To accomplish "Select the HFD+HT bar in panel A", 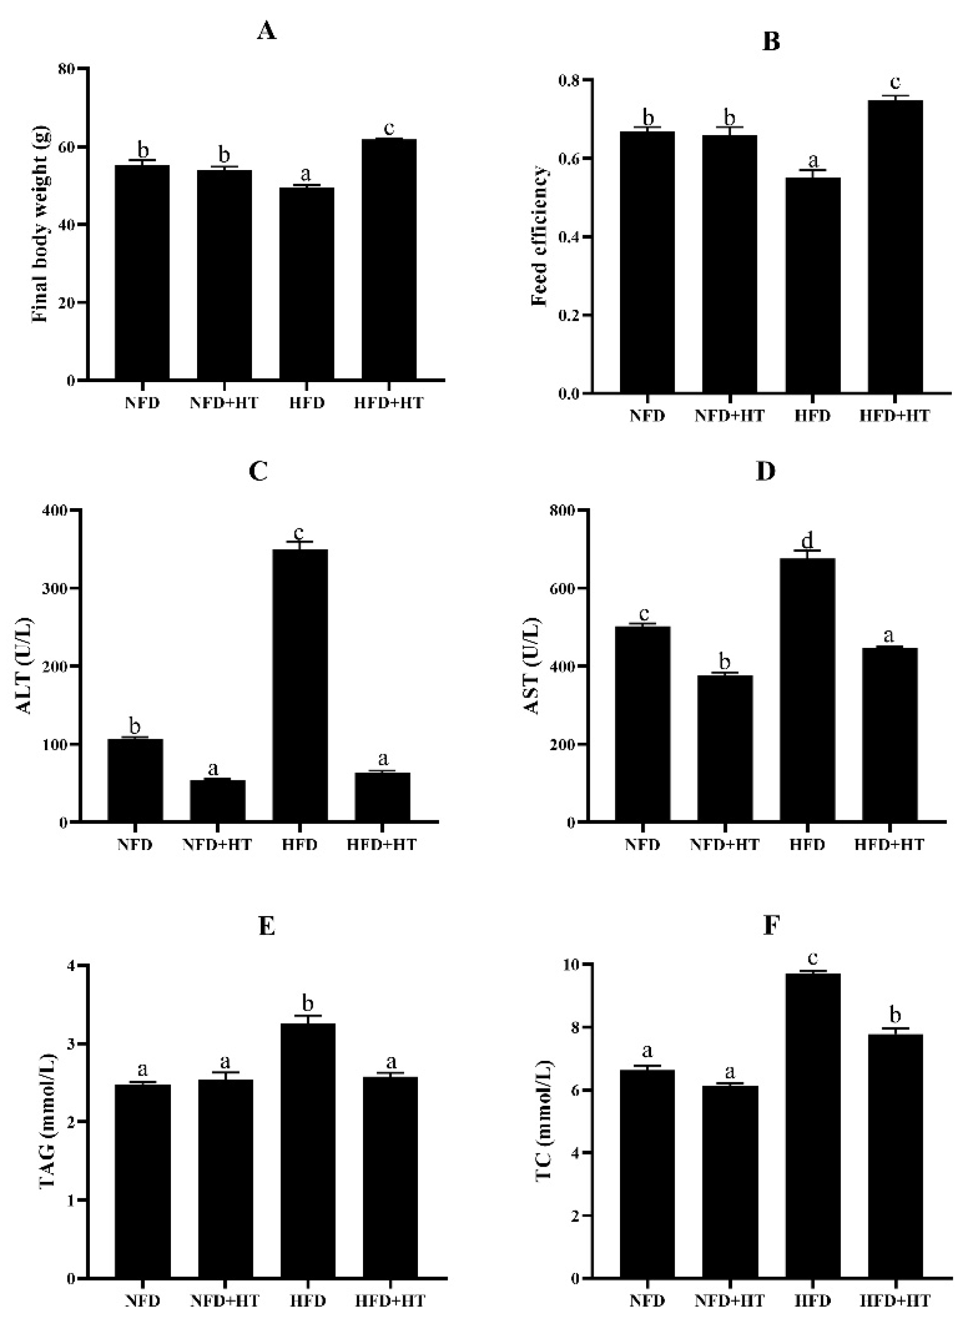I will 389,258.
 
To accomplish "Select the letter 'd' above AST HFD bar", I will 807,539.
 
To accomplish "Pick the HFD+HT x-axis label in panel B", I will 895,416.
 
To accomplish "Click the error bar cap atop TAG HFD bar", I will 308,1015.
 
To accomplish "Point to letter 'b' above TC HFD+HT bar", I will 895,1015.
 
